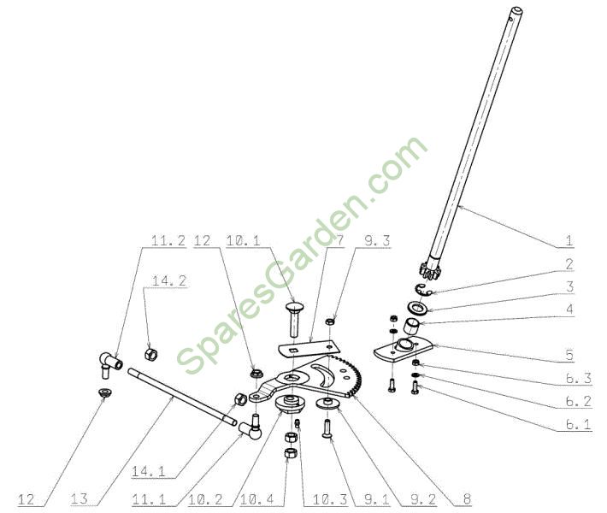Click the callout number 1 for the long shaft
tap(569, 241)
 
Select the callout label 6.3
tap(579, 378)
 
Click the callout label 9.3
tap(377, 241)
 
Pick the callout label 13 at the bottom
tap(80, 498)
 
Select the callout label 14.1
tap(149, 472)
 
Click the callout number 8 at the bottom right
tap(468, 498)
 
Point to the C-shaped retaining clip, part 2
tap(424, 289)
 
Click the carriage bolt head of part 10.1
tap(295, 307)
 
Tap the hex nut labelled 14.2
tap(150, 354)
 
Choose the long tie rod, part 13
tap(182, 397)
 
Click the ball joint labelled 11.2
tap(110, 364)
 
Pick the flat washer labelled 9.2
tap(327, 402)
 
